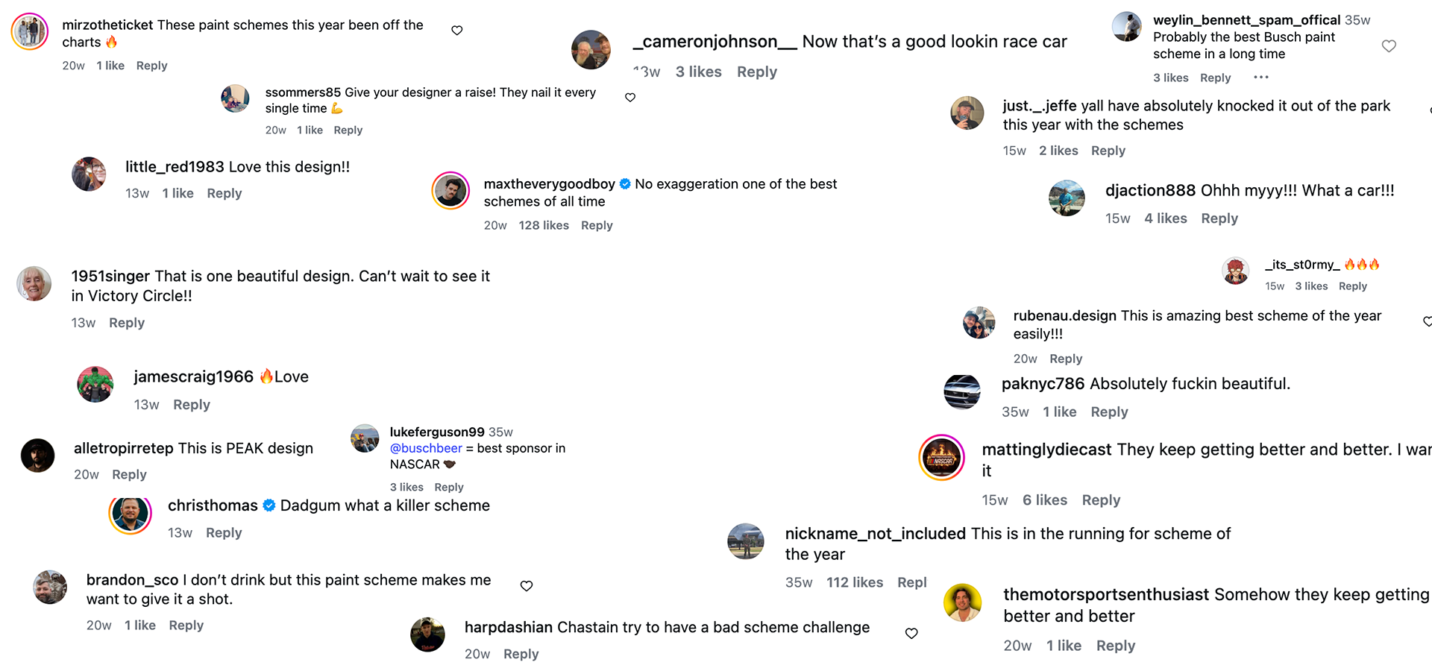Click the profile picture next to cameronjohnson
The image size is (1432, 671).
(591, 49)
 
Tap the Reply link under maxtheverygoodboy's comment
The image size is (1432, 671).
(597, 225)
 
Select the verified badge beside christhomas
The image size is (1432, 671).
(269, 505)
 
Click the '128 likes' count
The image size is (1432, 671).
(544, 225)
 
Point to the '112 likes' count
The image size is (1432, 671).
(855, 582)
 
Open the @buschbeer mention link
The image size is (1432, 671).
(426, 448)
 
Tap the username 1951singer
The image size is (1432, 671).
(110, 276)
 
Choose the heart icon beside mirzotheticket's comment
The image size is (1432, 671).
(457, 31)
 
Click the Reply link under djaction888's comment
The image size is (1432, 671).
(1219, 218)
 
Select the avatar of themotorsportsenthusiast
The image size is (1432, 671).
(962, 602)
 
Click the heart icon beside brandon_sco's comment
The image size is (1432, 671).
(527, 586)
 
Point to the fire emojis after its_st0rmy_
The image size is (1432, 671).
(1362, 265)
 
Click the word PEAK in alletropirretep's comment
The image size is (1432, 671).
(245, 448)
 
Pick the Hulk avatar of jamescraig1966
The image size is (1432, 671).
(95, 385)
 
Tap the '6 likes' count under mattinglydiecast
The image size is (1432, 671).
(1045, 500)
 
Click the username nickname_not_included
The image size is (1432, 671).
(876, 534)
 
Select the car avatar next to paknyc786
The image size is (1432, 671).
(962, 391)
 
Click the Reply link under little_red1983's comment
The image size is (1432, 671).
(224, 193)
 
